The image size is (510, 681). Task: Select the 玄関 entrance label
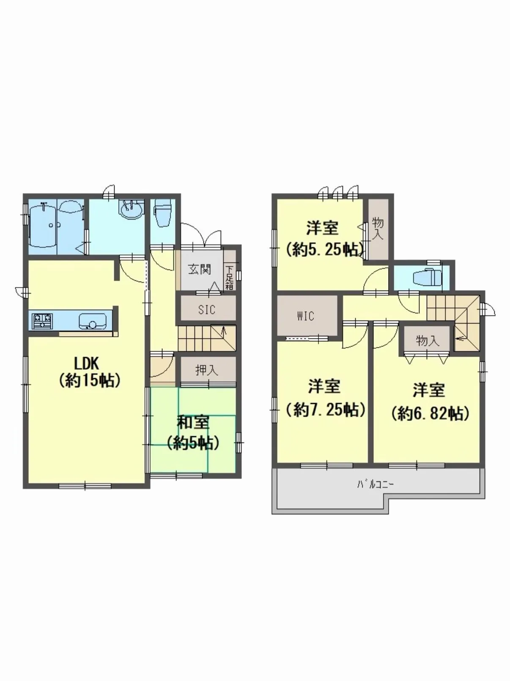(200, 270)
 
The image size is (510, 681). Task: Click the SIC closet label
(206, 310)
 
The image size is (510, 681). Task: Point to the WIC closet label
(306, 316)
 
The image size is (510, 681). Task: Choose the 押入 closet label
(206, 370)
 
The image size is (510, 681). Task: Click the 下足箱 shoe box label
(229, 277)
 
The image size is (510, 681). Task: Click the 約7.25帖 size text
(325, 410)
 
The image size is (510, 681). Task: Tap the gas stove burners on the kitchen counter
(43, 321)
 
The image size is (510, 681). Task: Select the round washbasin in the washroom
(132, 210)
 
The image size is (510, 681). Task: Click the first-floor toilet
(162, 213)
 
